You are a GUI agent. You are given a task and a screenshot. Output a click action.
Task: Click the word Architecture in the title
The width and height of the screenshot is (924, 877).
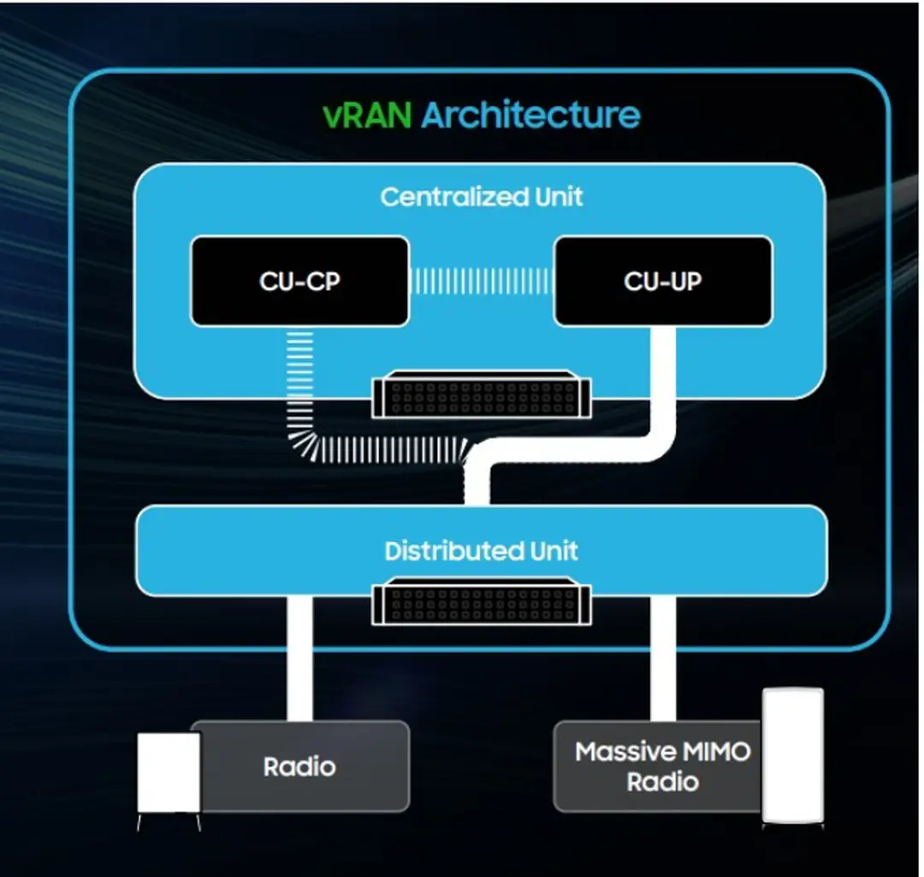pyautogui.click(x=530, y=115)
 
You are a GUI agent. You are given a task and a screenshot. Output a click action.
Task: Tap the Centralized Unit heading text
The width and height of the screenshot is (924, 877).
pyautogui.click(x=482, y=197)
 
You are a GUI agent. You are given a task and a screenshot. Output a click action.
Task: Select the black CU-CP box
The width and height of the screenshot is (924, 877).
pyautogui.click(x=299, y=281)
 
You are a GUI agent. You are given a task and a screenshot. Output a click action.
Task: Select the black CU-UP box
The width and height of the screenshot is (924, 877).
pyautogui.click(x=663, y=281)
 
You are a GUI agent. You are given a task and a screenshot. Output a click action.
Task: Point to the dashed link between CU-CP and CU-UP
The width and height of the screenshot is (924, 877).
pyautogui.click(x=482, y=281)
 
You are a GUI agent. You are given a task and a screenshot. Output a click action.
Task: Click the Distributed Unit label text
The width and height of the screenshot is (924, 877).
pyautogui.click(x=482, y=550)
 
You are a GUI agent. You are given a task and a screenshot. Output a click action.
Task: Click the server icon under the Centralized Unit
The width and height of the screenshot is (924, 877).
pyautogui.click(x=482, y=394)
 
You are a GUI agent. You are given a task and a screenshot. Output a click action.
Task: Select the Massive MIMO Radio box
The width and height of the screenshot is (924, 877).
pyautogui.click(x=659, y=766)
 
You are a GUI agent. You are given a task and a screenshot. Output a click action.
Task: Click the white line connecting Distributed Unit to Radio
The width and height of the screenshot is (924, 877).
pyautogui.click(x=299, y=659)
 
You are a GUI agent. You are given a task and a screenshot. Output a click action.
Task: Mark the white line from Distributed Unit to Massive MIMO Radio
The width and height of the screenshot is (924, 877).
pyautogui.click(x=663, y=659)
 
